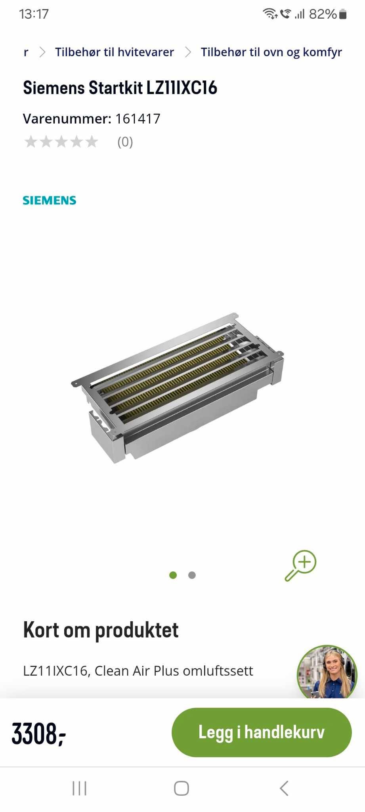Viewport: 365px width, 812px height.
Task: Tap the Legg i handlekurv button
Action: (x=261, y=732)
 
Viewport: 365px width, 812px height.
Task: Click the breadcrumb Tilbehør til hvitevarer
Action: (x=115, y=52)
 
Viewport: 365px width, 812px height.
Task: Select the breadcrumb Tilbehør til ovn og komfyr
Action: (x=271, y=52)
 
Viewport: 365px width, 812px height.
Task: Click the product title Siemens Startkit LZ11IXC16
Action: (x=120, y=88)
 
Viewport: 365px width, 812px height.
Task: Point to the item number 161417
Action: (x=138, y=119)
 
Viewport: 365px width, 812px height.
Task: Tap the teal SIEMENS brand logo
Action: (x=50, y=200)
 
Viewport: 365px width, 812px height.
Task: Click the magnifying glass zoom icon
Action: (x=300, y=566)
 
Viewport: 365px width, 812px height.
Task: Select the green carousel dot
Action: (x=173, y=575)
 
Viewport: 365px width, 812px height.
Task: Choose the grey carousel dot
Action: (x=192, y=575)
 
